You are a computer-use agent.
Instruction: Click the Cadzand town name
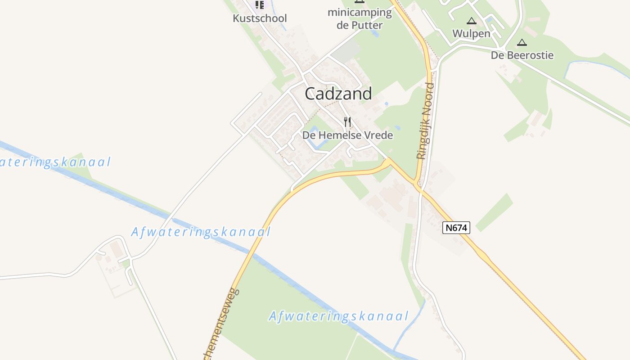click(x=338, y=94)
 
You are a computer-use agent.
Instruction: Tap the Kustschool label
click(x=260, y=18)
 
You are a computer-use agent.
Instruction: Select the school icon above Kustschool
click(x=260, y=5)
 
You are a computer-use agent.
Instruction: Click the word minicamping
click(x=360, y=13)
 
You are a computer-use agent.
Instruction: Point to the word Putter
click(x=365, y=25)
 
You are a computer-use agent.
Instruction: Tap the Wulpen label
click(x=471, y=33)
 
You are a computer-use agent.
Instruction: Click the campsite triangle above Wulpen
click(x=471, y=21)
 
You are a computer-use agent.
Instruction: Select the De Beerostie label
click(x=522, y=55)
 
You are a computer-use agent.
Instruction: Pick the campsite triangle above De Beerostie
click(x=522, y=43)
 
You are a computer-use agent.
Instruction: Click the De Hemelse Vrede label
click(x=347, y=135)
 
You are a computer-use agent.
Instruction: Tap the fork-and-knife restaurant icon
click(x=347, y=122)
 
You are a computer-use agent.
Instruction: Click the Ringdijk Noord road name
click(x=426, y=121)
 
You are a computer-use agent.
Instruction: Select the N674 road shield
click(x=456, y=228)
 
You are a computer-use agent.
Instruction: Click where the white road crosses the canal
click(x=171, y=217)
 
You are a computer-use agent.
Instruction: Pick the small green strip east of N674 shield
click(x=494, y=212)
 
